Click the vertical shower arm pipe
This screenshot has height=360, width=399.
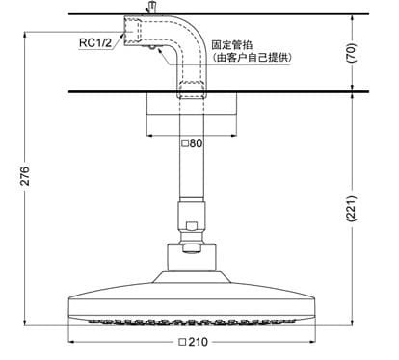coord(192,173)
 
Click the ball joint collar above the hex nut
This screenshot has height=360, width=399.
coord(192,231)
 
